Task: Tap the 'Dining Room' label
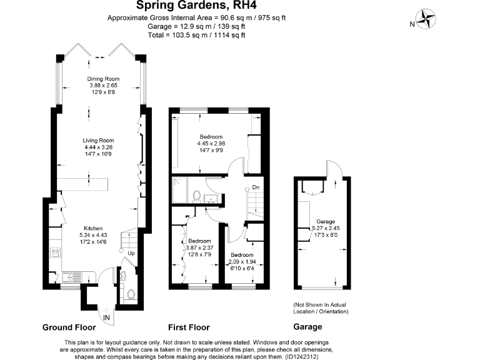tap(103, 78)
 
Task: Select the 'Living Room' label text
tap(99, 140)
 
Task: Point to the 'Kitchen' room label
tap(94, 228)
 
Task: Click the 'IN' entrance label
tap(107, 318)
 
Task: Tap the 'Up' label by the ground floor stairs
tap(131, 253)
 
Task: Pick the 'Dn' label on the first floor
tap(255, 187)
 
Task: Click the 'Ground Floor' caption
tap(69, 327)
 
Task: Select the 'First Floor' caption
tap(189, 327)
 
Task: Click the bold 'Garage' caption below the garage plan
tap(307, 327)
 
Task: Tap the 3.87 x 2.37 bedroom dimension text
tap(200, 248)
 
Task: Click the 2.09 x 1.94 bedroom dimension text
tap(242, 262)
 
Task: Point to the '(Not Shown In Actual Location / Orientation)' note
tap(321, 307)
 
